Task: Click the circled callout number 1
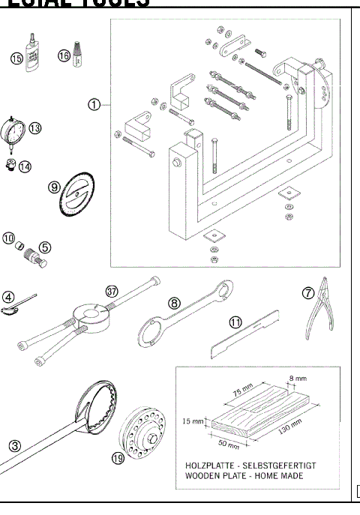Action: (94, 105)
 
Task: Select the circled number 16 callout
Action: (64, 55)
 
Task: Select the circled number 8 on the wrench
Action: (174, 304)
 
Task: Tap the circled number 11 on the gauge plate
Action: (235, 322)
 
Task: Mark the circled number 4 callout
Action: (8, 296)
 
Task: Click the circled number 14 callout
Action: (25, 166)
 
